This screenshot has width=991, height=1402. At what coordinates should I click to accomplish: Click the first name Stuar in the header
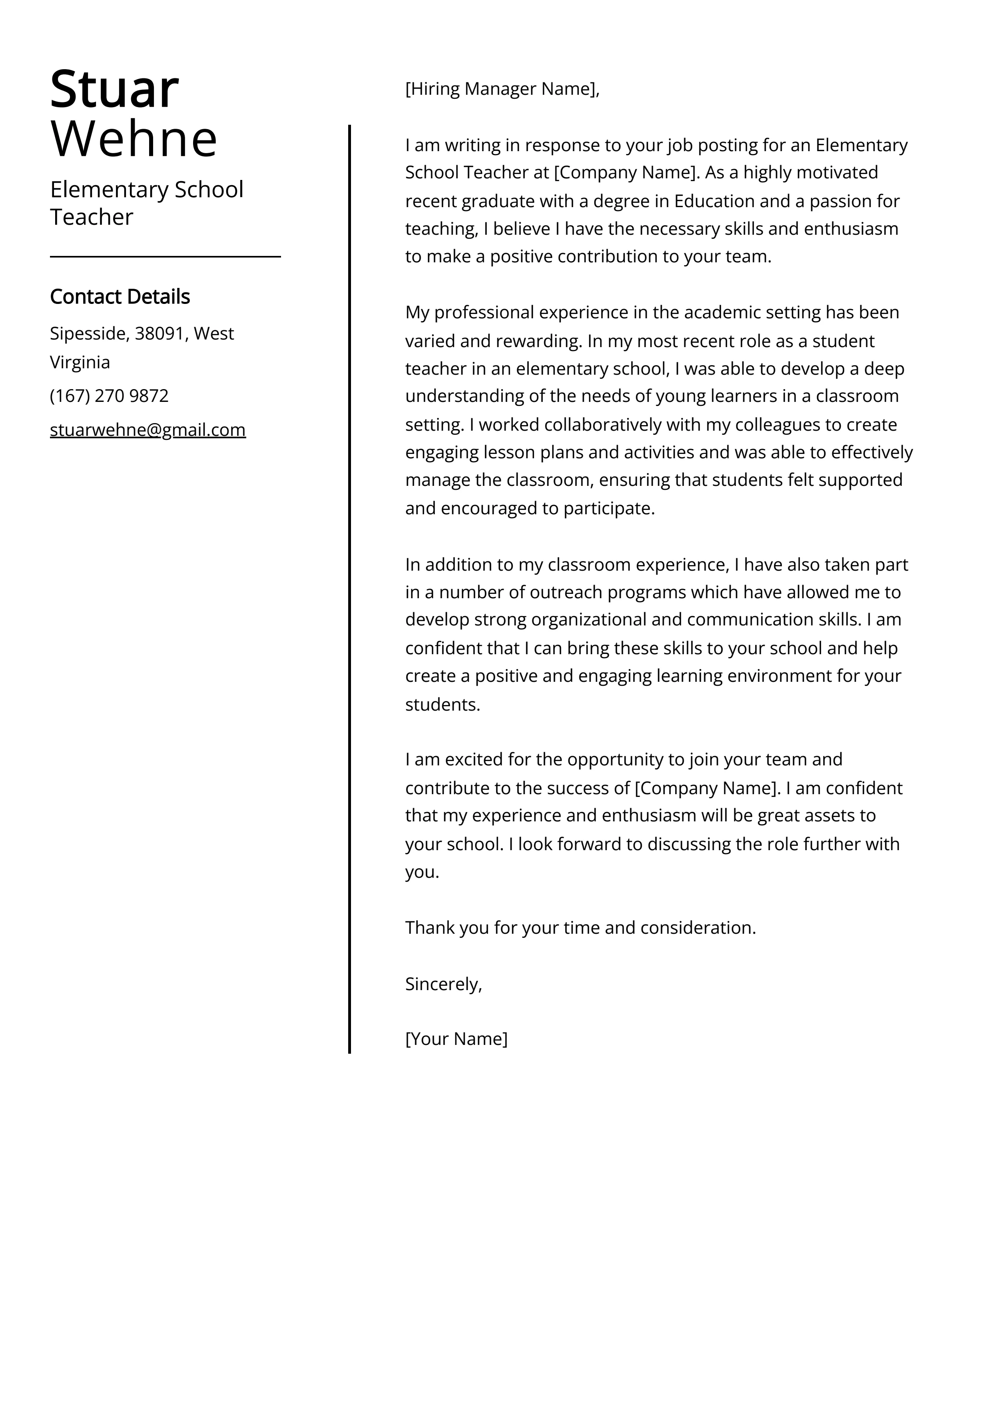[x=114, y=90]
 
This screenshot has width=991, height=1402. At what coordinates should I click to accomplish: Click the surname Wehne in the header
[x=134, y=139]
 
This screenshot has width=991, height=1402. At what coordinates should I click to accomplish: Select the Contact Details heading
[x=120, y=297]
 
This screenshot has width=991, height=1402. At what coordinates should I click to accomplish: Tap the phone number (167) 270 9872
[x=109, y=395]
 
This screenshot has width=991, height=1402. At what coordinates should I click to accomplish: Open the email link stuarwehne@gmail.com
[x=148, y=430]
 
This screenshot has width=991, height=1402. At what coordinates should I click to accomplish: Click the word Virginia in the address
[x=80, y=362]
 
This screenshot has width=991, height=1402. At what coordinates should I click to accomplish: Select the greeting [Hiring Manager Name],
[x=502, y=89]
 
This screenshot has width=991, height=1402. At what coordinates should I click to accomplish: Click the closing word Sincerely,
[x=443, y=984]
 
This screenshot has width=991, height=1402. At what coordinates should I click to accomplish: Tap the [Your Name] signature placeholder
[x=456, y=1039]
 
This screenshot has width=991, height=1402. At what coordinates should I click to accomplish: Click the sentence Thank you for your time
[x=580, y=928]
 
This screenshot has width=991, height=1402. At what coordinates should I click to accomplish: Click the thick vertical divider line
[x=349, y=586]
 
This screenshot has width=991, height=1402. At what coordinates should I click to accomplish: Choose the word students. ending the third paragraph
[x=443, y=704]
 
